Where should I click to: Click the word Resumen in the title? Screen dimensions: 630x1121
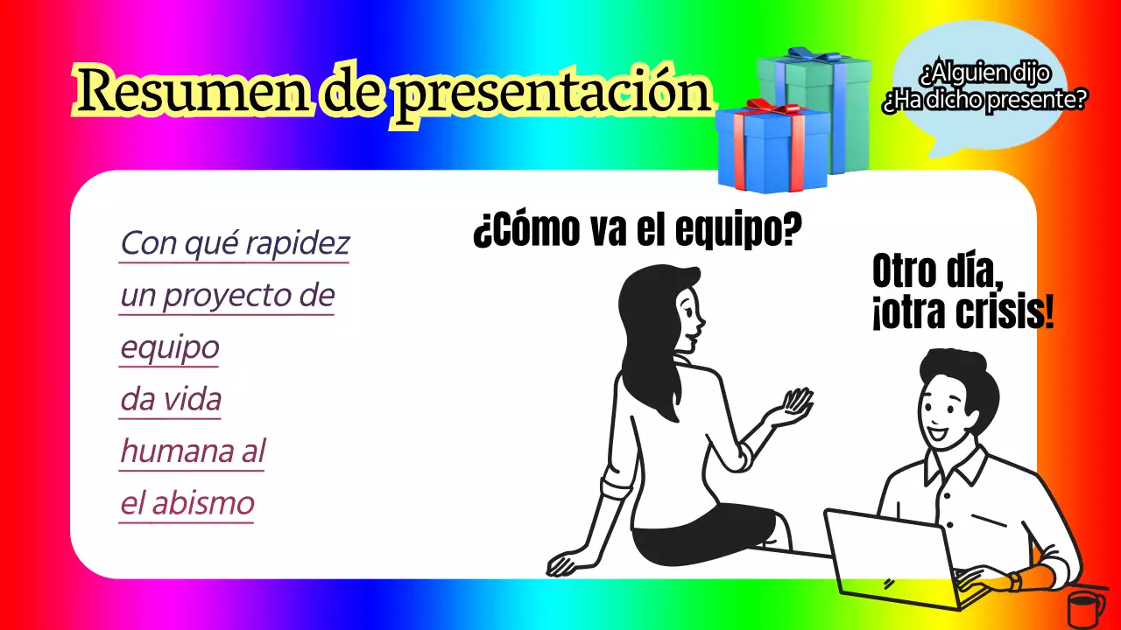pyautogui.click(x=191, y=90)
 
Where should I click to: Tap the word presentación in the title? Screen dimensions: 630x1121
pyautogui.click(x=550, y=93)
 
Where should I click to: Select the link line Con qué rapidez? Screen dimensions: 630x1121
pyautogui.click(x=235, y=243)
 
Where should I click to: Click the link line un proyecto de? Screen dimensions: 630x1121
pyautogui.click(x=228, y=296)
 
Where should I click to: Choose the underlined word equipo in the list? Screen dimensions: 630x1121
pyautogui.click(x=169, y=347)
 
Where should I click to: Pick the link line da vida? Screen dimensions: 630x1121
pyautogui.click(x=171, y=400)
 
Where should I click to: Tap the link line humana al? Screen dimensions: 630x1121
pyautogui.click(x=192, y=451)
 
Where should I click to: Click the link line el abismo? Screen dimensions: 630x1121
pyautogui.click(x=187, y=504)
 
